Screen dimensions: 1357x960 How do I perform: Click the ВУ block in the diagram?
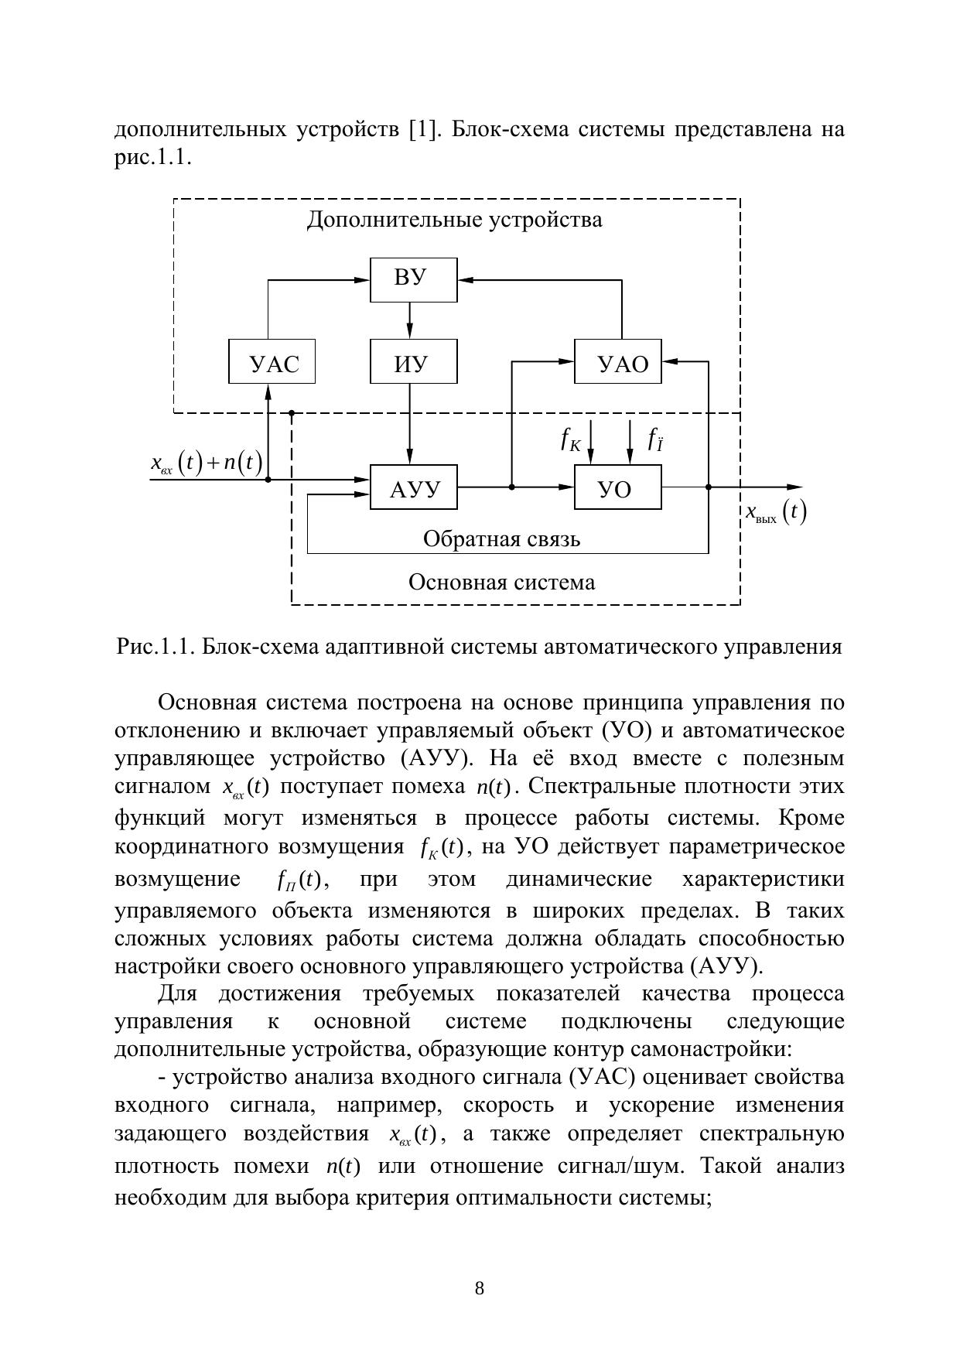click(413, 279)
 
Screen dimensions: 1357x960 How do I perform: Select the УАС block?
click(272, 361)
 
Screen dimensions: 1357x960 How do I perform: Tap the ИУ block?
click(413, 361)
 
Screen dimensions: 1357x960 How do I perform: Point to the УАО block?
click(617, 361)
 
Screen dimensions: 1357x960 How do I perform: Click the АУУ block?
click(413, 487)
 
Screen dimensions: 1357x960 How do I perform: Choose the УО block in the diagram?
click(617, 487)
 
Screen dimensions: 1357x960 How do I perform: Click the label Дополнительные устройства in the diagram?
click(454, 220)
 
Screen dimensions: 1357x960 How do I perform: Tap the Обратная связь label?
click(501, 538)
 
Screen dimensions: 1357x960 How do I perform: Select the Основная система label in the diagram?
click(501, 582)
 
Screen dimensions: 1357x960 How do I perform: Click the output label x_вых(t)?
click(775, 512)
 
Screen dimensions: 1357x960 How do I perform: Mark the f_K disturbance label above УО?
click(571, 440)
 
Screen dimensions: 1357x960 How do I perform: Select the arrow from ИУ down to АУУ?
click(410, 424)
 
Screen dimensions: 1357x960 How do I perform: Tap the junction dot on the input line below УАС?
click(268, 480)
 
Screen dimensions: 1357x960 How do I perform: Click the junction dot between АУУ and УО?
click(511, 487)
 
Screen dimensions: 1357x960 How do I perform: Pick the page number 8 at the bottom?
click(480, 1288)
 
